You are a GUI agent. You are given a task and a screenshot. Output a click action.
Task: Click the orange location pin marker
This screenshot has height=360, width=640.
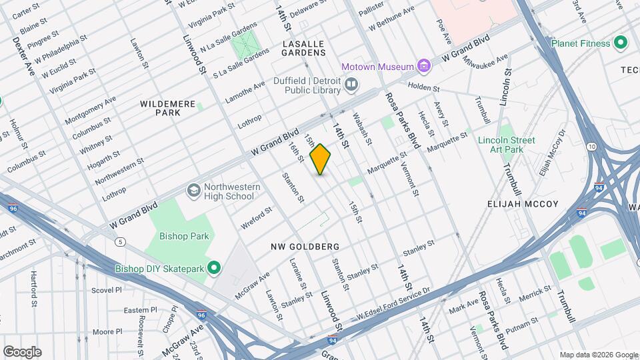(321, 159)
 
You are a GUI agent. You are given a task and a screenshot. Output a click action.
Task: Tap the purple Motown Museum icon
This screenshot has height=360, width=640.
(423, 66)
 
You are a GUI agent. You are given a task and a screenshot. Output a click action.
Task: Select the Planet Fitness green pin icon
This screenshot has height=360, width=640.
(621, 43)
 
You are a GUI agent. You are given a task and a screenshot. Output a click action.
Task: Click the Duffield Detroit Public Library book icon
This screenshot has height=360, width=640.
(351, 85)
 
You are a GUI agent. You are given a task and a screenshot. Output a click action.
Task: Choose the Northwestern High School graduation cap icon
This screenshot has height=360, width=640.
(193, 191)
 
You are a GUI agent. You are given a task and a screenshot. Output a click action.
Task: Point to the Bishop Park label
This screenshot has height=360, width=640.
(184, 236)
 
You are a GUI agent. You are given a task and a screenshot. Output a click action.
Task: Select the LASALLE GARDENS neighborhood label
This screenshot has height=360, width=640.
(303, 47)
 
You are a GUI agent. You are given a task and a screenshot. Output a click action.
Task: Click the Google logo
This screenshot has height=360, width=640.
(22, 352)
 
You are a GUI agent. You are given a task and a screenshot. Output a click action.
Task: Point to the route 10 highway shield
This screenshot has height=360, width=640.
(591, 146)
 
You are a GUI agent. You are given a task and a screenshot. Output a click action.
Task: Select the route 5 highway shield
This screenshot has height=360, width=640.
(120, 241)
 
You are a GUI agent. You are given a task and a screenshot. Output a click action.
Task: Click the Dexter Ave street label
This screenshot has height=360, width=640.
(23, 56)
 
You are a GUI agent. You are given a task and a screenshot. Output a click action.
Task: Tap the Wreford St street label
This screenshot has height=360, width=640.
(257, 218)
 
